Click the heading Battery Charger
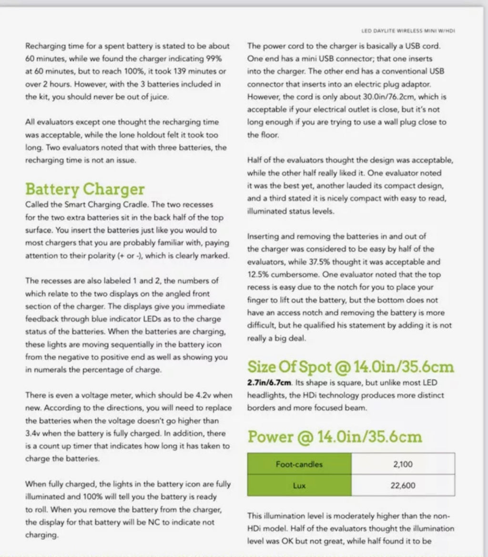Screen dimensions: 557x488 [84, 189]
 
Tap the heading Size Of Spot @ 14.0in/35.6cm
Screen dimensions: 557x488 [350, 367]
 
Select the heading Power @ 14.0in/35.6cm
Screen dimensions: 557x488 [335, 437]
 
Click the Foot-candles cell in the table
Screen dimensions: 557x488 [299, 464]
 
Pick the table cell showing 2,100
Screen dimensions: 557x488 [403, 464]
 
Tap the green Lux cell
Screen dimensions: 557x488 [299, 486]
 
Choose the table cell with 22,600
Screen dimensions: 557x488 [403, 486]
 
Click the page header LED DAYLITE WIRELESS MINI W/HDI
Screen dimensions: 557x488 [408, 31]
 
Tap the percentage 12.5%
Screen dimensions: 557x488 [258, 274]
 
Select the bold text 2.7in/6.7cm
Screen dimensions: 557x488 [269, 383]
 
